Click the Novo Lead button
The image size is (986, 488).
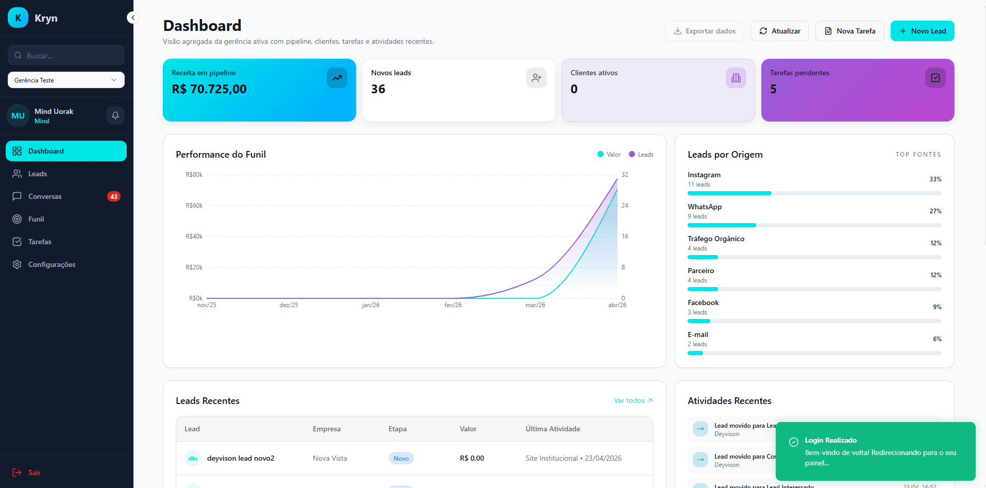tap(922, 31)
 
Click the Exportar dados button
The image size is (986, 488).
tap(704, 31)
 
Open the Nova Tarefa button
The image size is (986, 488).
tap(849, 31)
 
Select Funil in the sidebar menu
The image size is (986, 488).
tap(36, 219)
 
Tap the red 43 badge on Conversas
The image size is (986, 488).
tap(113, 196)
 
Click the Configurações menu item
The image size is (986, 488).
tap(52, 264)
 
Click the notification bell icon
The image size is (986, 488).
tap(115, 115)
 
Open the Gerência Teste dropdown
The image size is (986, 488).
tap(66, 80)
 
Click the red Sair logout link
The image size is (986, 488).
tap(34, 473)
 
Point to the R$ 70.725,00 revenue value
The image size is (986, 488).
tap(209, 89)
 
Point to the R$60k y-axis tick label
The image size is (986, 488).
tap(194, 206)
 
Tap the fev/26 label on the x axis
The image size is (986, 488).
tap(453, 305)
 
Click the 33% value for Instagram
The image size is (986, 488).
tap(935, 179)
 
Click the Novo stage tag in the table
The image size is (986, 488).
tap(401, 458)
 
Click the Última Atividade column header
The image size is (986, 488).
tap(553, 429)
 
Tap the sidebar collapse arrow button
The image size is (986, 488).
tap(132, 18)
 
